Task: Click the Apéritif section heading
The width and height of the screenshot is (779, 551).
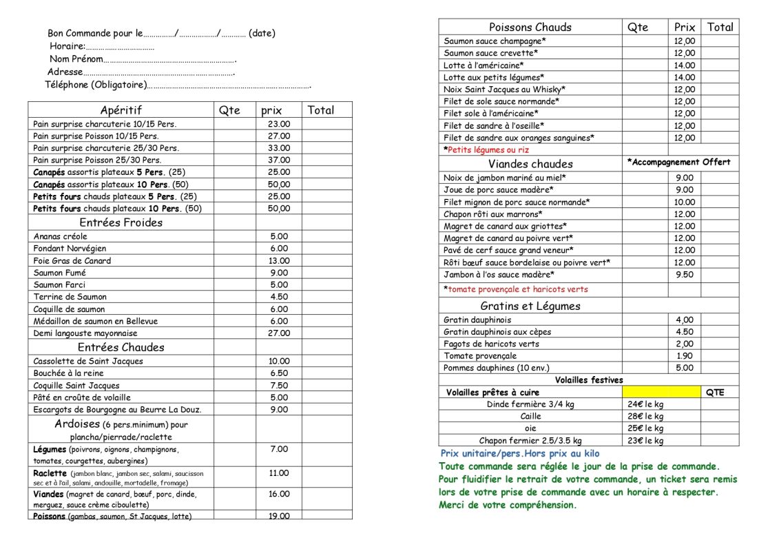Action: tap(121, 110)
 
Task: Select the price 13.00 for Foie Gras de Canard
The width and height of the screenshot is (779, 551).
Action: tap(279, 260)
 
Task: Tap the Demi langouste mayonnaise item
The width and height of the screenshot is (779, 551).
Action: tap(85, 333)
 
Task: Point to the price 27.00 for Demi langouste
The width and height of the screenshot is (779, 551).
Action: tap(279, 333)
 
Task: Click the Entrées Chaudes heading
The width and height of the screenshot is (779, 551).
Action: tap(121, 347)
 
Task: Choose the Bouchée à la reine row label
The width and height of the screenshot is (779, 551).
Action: tap(68, 373)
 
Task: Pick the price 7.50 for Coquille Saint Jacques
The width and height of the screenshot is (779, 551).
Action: tap(279, 386)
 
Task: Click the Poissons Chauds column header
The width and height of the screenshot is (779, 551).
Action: tap(530, 28)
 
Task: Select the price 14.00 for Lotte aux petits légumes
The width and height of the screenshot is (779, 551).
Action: tap(685, 78)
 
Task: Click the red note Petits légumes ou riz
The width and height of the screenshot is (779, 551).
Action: tap(486, 150)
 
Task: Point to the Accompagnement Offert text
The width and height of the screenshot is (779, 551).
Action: tap(679, 163)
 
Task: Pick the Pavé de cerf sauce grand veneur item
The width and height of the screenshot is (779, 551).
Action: tap(508, 250)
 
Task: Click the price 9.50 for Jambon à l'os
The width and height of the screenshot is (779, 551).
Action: tap(685, 274)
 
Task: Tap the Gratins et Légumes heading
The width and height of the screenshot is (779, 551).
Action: tap(530, 306)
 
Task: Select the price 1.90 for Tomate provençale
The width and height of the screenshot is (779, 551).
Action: tap(685, 356)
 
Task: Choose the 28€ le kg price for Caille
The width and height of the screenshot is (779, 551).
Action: tap(645, 416)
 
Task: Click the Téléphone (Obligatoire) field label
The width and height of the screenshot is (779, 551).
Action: tap(96, 85)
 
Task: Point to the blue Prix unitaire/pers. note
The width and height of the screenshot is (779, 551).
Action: tap(520, 454)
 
